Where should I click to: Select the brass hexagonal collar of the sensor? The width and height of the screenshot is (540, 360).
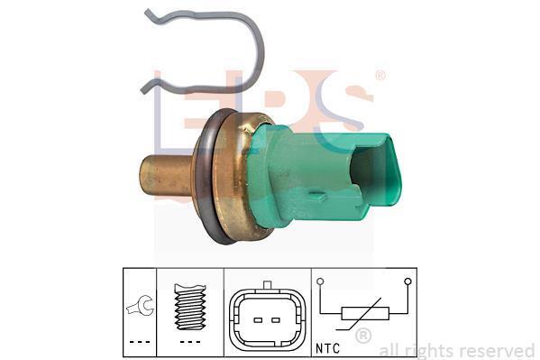(234, 176)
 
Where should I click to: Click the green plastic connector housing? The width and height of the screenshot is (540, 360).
(310, 176)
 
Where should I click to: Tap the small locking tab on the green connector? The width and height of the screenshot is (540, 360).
(316, 196)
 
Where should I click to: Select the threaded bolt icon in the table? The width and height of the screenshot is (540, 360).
(190, 307)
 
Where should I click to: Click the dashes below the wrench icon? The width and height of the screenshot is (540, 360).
(140, 342)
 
